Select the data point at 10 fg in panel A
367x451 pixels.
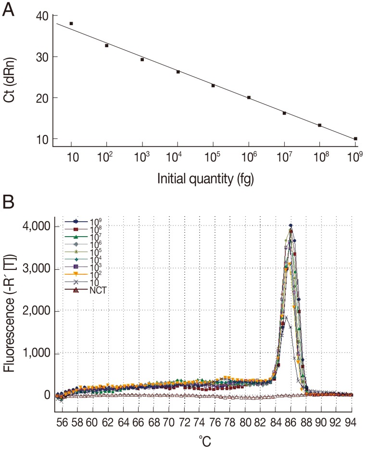point(71,23)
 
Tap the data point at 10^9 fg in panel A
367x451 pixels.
point(355,139)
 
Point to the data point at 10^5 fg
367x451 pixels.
point(213,85)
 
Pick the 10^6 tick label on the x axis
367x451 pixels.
point(248,157)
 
